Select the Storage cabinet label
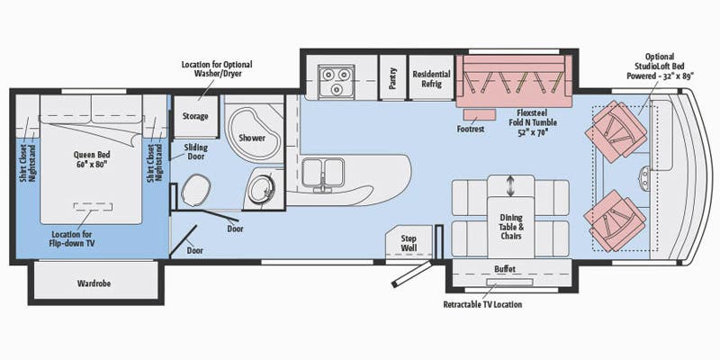point(195,116)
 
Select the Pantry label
point(391,75)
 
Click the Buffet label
point(505,269)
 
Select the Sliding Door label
point(198,151)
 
